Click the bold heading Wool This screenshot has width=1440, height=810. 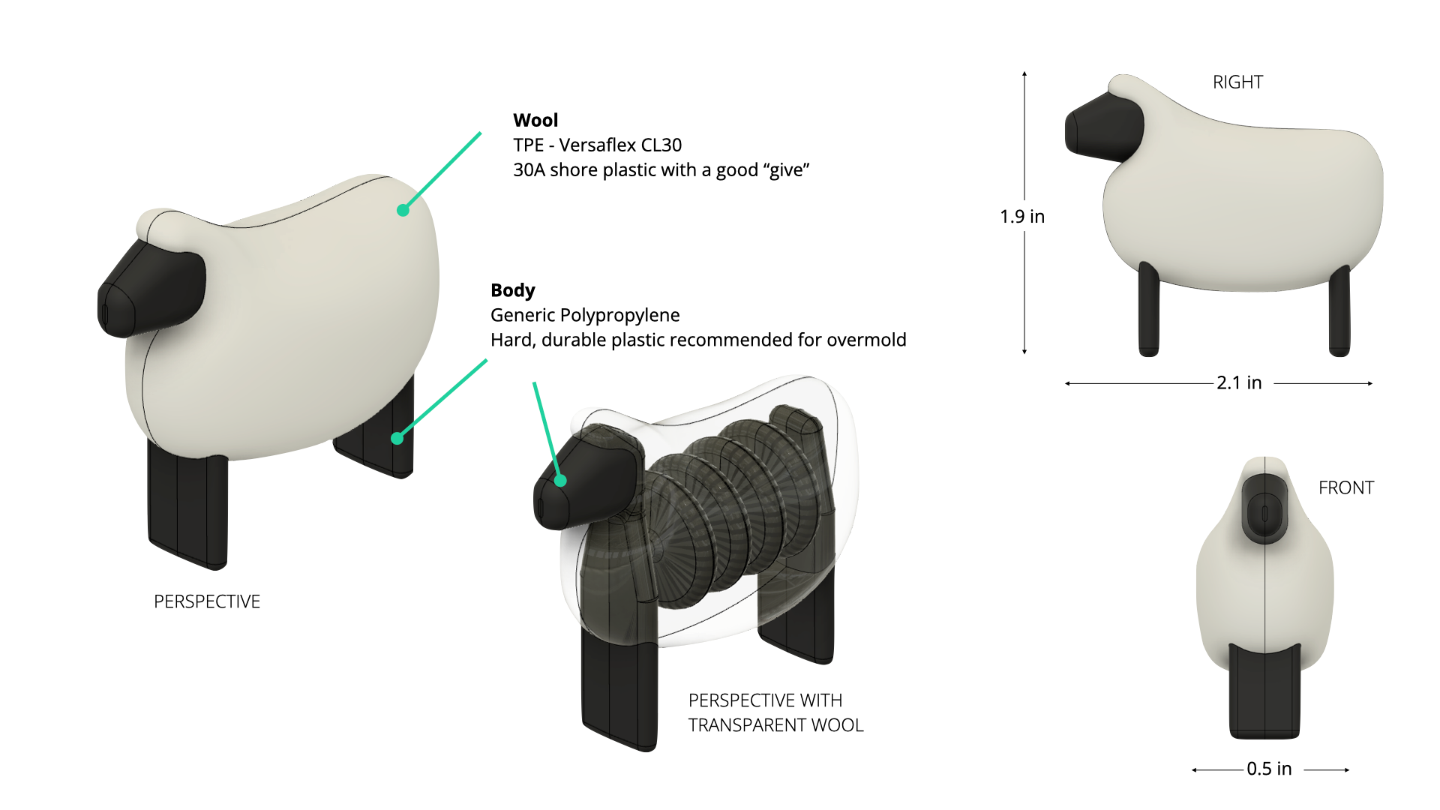(x=535, y=120)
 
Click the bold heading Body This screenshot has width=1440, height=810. (x=512, y=290)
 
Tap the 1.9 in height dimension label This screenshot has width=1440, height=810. (x=1021, y=217)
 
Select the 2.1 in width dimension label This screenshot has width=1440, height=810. (x=1239, y=383)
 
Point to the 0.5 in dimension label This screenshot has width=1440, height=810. (x=1269, y=769)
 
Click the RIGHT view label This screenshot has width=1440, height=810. (x=1237, y=82)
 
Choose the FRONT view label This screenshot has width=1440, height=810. (x=1346, y=487)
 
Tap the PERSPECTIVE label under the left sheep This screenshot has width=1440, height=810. (x=207, y=601)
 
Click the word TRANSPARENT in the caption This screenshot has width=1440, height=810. (x=751, y=725)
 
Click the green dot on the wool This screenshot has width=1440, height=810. (x=403, y=210)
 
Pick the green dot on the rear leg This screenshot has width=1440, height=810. (x=397, y=438)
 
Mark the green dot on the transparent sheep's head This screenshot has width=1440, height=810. (x=560, y=481)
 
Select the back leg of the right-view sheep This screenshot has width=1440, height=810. (x=1339, y=315)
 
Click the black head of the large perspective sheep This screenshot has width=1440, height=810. (x=150, y=289)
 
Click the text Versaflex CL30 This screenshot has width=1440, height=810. (x=620, y=145)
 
